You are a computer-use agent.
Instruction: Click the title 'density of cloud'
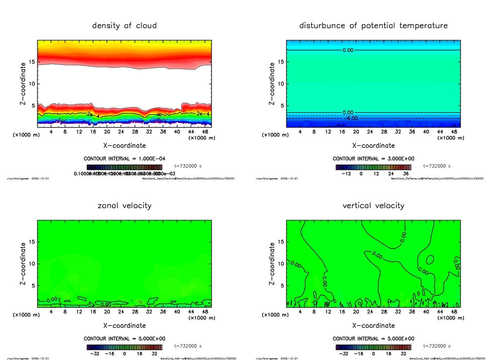(124, 26)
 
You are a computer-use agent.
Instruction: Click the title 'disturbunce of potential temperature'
(373, 26)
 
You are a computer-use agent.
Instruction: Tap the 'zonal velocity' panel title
(124, 206)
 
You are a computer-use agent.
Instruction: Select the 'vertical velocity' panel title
(373, 206)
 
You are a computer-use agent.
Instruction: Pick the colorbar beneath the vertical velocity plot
(373, 347)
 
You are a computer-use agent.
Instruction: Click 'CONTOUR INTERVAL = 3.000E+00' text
(373, 159)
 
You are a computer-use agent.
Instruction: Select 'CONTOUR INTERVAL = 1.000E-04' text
(124, 159)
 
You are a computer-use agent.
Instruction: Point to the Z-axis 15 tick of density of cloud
(32, 62)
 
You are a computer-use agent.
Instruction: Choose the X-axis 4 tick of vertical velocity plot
(300, 312)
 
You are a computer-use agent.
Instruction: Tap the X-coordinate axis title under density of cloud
(124, 145)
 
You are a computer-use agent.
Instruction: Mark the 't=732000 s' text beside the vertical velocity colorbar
(437, 346)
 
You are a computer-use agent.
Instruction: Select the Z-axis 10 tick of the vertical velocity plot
(281, 264)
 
